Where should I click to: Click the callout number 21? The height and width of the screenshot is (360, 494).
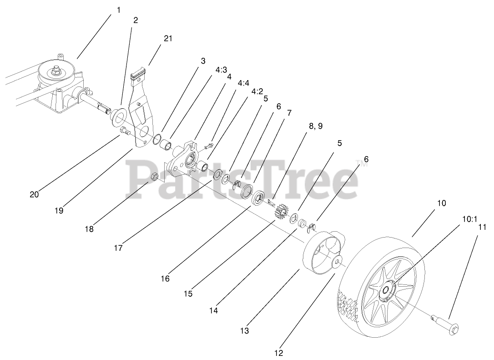click(x=168, y=39)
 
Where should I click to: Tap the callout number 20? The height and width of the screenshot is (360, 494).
click(x=34, y=194)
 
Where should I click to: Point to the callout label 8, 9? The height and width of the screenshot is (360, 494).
click(x=315, y=126)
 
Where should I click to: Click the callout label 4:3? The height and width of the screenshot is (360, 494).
click(x=221, y=70)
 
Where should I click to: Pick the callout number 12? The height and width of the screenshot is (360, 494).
click(x=278, y=353)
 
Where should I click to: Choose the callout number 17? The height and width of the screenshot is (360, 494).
click(x=119, y=248)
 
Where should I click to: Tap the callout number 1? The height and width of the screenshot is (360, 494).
click(x=119, y=10)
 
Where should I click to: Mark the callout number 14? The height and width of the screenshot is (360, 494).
click(x=213, y=311)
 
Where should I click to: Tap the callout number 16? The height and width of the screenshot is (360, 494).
click(x=165, y=278)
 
